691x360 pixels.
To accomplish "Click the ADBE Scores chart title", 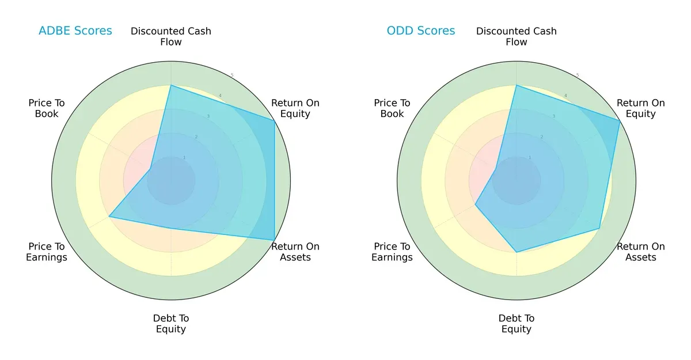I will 75,31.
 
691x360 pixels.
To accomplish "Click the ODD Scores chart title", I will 420,31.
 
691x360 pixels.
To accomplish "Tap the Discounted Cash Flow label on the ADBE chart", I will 171,36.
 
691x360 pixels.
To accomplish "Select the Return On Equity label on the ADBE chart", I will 295,108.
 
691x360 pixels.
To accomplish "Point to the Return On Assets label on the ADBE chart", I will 295,252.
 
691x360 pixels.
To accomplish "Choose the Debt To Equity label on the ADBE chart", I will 171,324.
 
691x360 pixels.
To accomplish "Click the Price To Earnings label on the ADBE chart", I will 47,252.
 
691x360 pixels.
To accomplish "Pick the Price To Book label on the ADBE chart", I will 47,108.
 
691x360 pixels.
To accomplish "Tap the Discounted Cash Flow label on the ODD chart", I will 517,36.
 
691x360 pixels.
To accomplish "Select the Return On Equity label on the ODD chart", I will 641,108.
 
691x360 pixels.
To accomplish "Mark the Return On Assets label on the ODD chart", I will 641,252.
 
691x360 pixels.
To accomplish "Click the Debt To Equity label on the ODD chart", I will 517,324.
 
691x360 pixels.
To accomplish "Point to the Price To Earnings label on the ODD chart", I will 392,252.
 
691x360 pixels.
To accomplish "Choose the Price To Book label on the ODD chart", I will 392,108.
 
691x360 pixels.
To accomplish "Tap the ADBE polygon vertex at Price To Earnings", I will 109,217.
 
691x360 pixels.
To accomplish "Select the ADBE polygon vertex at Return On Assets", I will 274,240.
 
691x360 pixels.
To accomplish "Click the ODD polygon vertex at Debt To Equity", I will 517,252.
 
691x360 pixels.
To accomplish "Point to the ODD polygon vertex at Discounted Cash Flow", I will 517,86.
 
